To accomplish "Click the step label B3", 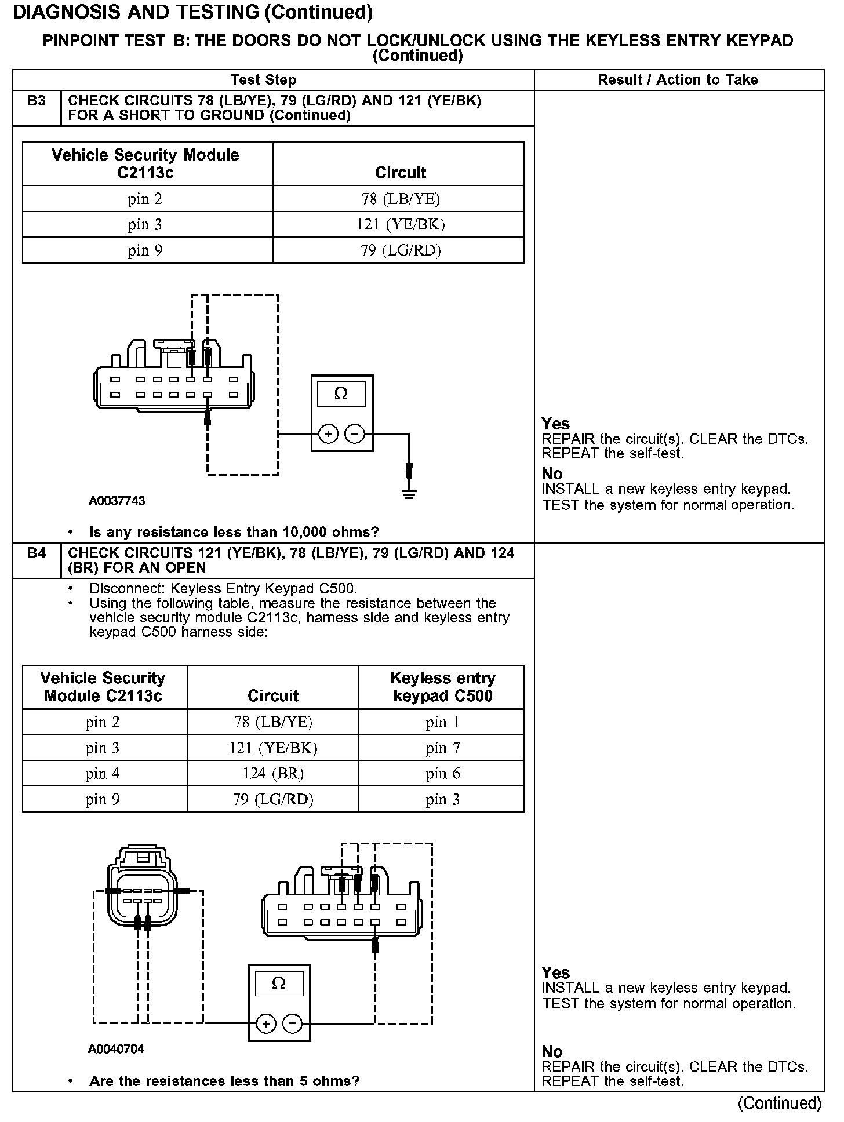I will [x=36, y=101].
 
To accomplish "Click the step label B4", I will [x=36, y=553].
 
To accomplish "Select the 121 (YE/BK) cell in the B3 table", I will [x=400, y=225].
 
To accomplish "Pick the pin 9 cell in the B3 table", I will [x=145, y=250].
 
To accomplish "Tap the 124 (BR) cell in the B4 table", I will [x=272, y=774].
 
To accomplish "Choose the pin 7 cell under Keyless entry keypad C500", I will [x=442, y=748].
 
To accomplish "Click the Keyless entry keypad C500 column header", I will [x=442, y=687].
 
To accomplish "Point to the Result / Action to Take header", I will [x=678, y=80].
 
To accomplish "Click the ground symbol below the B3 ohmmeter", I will [x=409, y=494].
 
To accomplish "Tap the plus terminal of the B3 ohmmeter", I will [x=328, y=434].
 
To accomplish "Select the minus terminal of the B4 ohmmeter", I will [x=292, y=1024].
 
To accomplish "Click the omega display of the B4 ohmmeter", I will [x=278, y=983].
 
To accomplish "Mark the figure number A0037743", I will [x=117, y=501].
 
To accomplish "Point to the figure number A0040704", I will [x=117, y=1049].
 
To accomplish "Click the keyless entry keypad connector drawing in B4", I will [x=141, y=895].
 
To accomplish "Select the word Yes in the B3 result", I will [x=555, y=424].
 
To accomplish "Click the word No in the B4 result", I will [x=552, y=1052].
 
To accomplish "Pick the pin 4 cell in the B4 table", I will [x=103, y=774].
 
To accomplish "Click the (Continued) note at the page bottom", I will [x=780, y=1103].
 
